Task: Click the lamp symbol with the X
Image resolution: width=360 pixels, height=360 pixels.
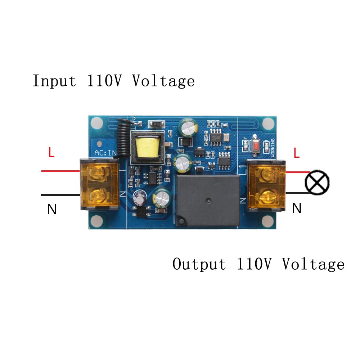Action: (317, 183)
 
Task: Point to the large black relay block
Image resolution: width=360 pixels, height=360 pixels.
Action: (208, 201)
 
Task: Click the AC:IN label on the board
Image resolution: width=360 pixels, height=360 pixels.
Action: (105, 153)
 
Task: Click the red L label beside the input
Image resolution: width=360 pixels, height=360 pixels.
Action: (51, 153)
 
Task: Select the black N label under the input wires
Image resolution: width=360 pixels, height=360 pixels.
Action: (52, 210)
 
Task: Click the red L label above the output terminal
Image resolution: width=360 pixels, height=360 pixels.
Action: (296, 153)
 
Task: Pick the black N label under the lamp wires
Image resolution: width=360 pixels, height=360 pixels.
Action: (296, 208)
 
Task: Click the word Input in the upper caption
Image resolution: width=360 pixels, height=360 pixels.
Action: (54, 81)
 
